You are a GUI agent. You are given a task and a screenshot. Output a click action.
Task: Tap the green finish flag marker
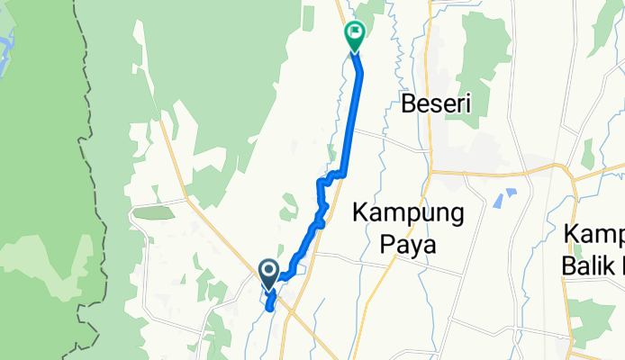point(354,34)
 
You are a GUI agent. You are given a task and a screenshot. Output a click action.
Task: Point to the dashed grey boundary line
point(90,180)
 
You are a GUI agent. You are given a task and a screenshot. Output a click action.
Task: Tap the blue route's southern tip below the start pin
point(269,309)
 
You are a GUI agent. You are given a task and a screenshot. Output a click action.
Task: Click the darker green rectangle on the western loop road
point(154,212)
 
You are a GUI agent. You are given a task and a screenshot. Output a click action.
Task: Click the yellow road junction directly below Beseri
point(431,171)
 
